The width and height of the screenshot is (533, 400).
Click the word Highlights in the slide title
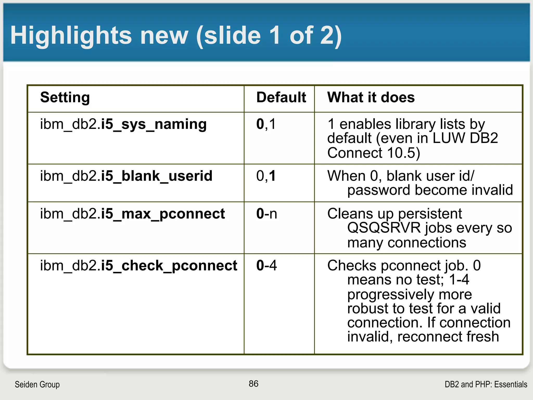point(71,36)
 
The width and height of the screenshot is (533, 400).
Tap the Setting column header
point(65,97)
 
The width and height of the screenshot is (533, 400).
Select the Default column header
point(281,97)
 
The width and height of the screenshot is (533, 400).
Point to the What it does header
point(371,97)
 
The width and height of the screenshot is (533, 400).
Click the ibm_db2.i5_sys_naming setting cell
point(123,124)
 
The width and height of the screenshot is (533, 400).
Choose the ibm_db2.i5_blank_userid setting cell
point(126,176)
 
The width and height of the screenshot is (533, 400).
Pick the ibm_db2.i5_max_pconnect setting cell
point(132,214)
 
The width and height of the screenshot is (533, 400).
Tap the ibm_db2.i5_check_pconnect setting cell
point(138,266)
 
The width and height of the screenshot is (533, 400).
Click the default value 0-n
point(267,214)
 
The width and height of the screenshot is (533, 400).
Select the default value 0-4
point(266,266)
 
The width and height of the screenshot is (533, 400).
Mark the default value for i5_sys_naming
point(266,124)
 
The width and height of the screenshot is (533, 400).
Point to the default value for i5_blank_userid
point(266,176)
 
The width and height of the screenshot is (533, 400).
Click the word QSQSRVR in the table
point(384,228)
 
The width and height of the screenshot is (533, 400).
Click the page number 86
point(253,384)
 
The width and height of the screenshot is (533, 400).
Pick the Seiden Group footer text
point(37,384)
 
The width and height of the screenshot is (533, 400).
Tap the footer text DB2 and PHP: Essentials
point(486,384)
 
